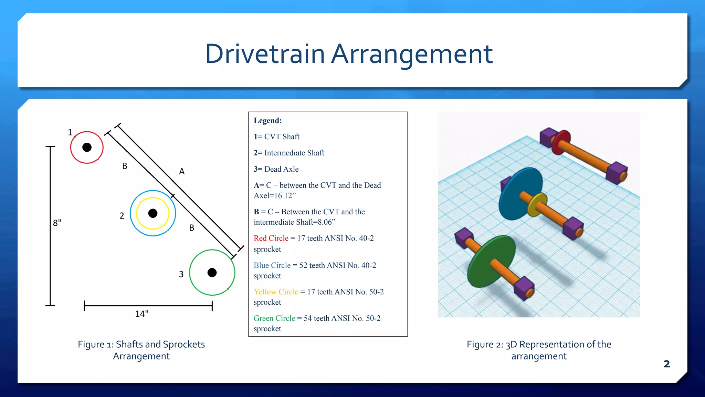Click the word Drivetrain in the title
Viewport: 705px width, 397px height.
pos(265,54)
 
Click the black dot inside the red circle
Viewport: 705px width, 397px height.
pos(87,147)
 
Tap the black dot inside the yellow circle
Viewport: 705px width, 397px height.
pos(153,213)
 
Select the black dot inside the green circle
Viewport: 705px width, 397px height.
pos(212,273)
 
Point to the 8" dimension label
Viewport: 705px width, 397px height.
pos(57,223)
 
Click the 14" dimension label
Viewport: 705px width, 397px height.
pos(141,314)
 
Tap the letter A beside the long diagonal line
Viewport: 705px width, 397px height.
pos(182,171)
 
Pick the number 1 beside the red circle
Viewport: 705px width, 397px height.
pos(70,132)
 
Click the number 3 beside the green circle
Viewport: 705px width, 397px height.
pos(181,274)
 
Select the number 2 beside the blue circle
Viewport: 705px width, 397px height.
pos(122,216)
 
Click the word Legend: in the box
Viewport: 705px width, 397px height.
pos(267,121)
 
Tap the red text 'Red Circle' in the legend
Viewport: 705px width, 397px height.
pos(271,238)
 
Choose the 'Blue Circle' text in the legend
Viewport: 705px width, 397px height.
pos(272,265)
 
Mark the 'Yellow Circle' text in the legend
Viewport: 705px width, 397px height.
pos(276,292)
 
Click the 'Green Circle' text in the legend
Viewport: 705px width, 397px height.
pos(274,318)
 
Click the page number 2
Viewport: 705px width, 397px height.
pos(666,364)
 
